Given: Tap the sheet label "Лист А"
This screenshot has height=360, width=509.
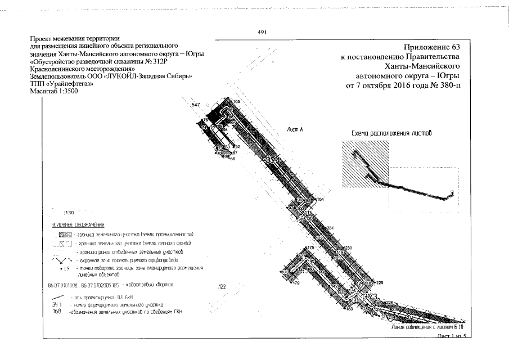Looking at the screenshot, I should pyautogui.click(x=295, y=130).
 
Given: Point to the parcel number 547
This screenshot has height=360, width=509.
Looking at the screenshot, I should pyautogui.click(x=196, y=105).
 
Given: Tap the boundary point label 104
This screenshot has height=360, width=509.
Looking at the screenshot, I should pyautogui.click(x=321, y=200).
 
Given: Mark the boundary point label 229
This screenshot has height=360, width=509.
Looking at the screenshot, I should pyautogui.click(x=379, y=282).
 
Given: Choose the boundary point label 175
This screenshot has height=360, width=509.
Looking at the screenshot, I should pyautogui.click(x=310, y=247).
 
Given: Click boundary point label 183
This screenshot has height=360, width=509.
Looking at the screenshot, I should pyautogui.click(x=349, y=309).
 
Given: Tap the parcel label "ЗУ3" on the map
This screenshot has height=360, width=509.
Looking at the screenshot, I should pyautogui.click(x=370, y=296).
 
